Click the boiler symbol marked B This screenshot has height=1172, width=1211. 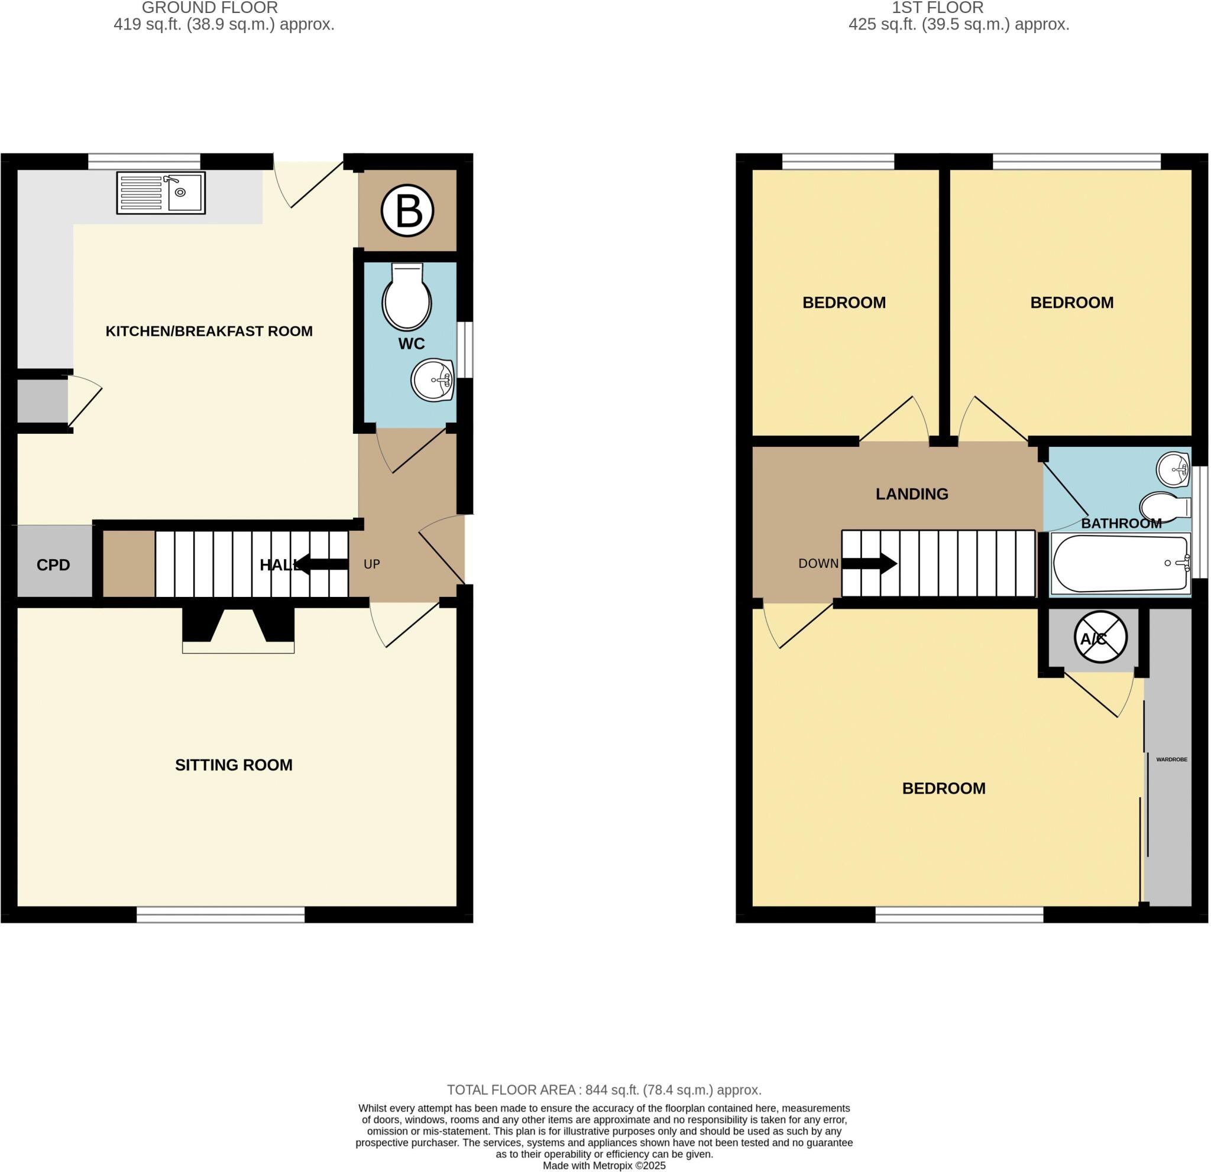[407, 211]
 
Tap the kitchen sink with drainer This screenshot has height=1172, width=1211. [161, 193]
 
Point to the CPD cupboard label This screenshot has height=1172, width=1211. [53, 565]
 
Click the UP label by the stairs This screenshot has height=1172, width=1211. [371, 564]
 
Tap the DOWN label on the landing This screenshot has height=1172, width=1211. [818, 563]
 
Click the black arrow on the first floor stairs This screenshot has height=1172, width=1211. [869, 563]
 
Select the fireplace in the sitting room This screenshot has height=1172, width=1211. [238, 630]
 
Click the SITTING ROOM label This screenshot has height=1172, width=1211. [234, 765]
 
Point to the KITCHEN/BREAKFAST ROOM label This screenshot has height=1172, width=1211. [209, 332]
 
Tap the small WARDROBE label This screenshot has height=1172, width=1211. [1171, 759]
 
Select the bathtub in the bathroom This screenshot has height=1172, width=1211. [1119, 563]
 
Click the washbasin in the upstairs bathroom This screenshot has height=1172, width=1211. [1173, 470]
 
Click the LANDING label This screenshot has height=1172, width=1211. [911, 494]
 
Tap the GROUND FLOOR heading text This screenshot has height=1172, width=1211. [210, 8]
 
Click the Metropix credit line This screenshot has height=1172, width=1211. [604, 1166]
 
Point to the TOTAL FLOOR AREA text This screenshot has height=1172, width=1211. [604, 1090]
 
